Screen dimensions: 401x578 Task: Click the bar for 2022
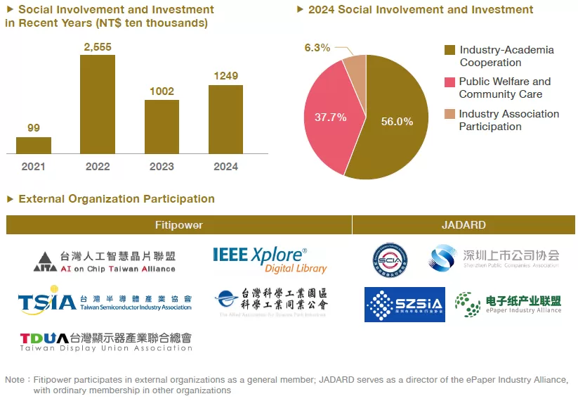(x=98, y=103)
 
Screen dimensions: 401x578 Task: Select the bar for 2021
(x=34, y=145)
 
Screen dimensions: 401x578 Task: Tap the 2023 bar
(x=162, y=127)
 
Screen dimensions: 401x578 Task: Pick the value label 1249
(x=225, y=76)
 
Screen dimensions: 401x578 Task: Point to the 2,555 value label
(x=98, y=46)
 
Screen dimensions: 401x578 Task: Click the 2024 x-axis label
(x=225, y=167)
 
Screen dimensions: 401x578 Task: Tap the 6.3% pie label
(x=317, y=48)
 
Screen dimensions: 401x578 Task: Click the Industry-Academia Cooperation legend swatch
(x=450, y=50)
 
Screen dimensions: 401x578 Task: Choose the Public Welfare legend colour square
(x=450, y=82)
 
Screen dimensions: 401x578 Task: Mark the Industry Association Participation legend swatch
(x=450, y=114)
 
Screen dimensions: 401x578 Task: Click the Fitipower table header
(x=179, y=225)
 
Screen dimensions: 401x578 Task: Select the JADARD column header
(x=464, y=225)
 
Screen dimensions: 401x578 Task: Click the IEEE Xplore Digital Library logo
(x=270, y=259)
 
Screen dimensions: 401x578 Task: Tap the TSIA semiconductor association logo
(x=105, y=301)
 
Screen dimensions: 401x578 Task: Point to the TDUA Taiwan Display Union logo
(x=105, y=341)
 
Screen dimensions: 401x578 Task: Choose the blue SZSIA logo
(x=405, y=305)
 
